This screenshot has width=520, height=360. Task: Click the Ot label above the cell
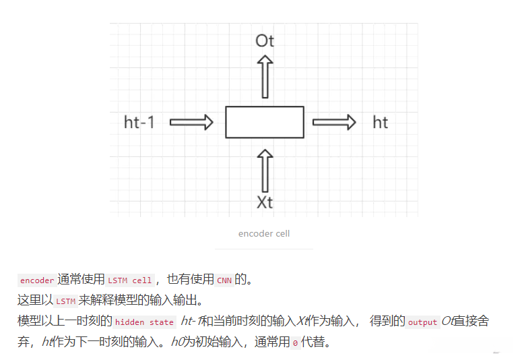coord(265,41)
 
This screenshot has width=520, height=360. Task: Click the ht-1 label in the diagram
coord(139,122)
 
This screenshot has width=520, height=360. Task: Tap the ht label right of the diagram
coord(381,122)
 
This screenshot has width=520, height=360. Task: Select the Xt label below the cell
coord(265,202)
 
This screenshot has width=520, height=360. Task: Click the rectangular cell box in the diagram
coord(265,122)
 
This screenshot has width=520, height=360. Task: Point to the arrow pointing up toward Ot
coord(265,76)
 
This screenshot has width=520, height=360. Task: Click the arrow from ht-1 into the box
coord(191,122)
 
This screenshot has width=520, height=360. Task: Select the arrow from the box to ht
coord(334,122)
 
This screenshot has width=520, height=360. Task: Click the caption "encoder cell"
coord(264,233)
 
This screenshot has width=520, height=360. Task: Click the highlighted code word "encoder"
coord(37,280)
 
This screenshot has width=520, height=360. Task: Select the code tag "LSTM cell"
coord(131,280)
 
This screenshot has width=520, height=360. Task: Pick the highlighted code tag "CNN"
coord(224,280)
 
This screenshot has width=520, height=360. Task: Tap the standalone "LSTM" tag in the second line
coord(65,301)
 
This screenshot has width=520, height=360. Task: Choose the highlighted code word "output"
coord(423,322)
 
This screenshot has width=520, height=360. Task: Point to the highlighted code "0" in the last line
coord(295,343)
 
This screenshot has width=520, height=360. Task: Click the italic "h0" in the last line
coord(178,342)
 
